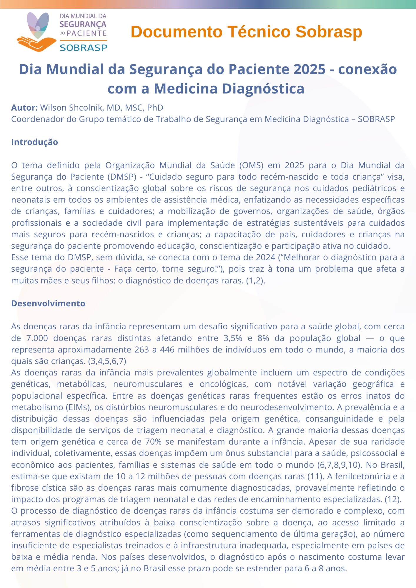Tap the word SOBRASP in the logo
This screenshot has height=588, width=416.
(84, 47)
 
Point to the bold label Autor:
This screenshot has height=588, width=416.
(24, 108)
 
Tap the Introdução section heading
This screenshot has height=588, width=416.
(34, 142)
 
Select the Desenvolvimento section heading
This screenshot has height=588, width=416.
(48, 303)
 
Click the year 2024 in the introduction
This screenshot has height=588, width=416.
(266, 257)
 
